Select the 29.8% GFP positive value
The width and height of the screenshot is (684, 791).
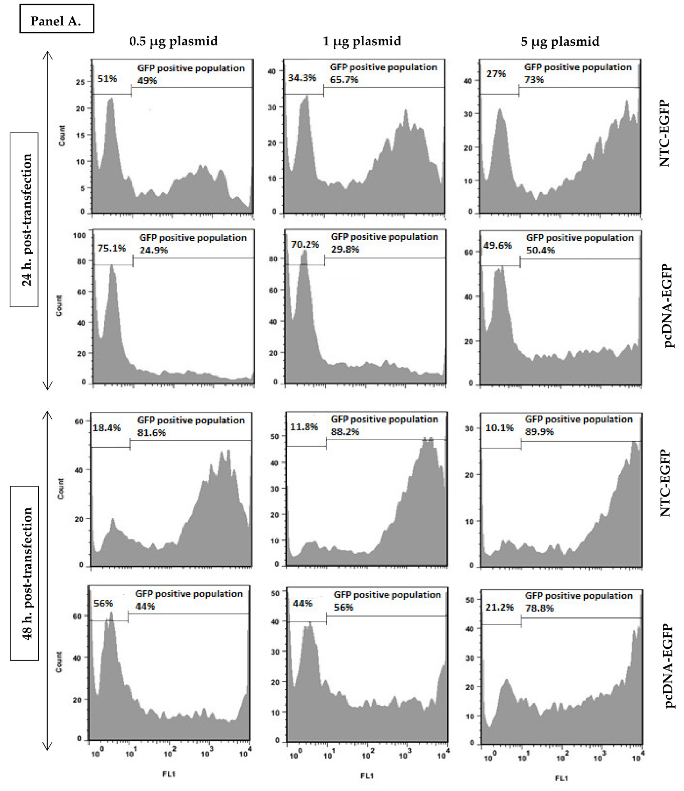pyautogui.click(x=345, y=249)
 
